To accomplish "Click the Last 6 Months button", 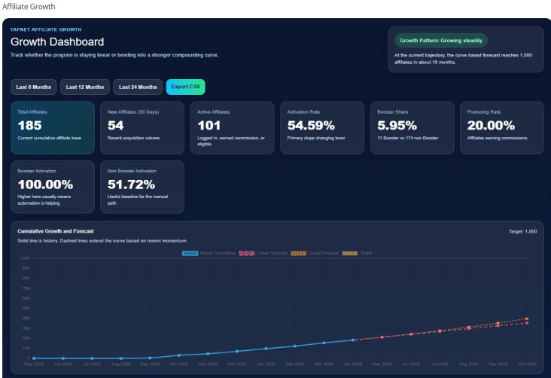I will click(x=33, y=87).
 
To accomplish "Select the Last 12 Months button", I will click(x=85, y=87).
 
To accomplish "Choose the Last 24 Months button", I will click(x=138, y=87).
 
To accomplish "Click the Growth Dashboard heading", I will click(x=57, y=42).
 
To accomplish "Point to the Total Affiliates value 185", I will click(x=29, y=125).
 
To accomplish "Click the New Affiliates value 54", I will click(x=116, y=125).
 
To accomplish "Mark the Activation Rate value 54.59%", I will click(x=311, y=125).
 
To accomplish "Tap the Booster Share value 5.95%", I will click(x=397, y=125).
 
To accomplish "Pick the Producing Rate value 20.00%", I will click(x=491, y=125).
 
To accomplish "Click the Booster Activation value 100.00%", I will click(x=45, y=184).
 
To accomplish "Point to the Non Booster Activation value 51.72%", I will click(x=131, y=184).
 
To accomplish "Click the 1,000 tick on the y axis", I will click(x=25, y=258).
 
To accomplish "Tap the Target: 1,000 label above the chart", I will click(x=523, y=231).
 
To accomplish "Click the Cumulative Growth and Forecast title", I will click(x=55, y=230).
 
